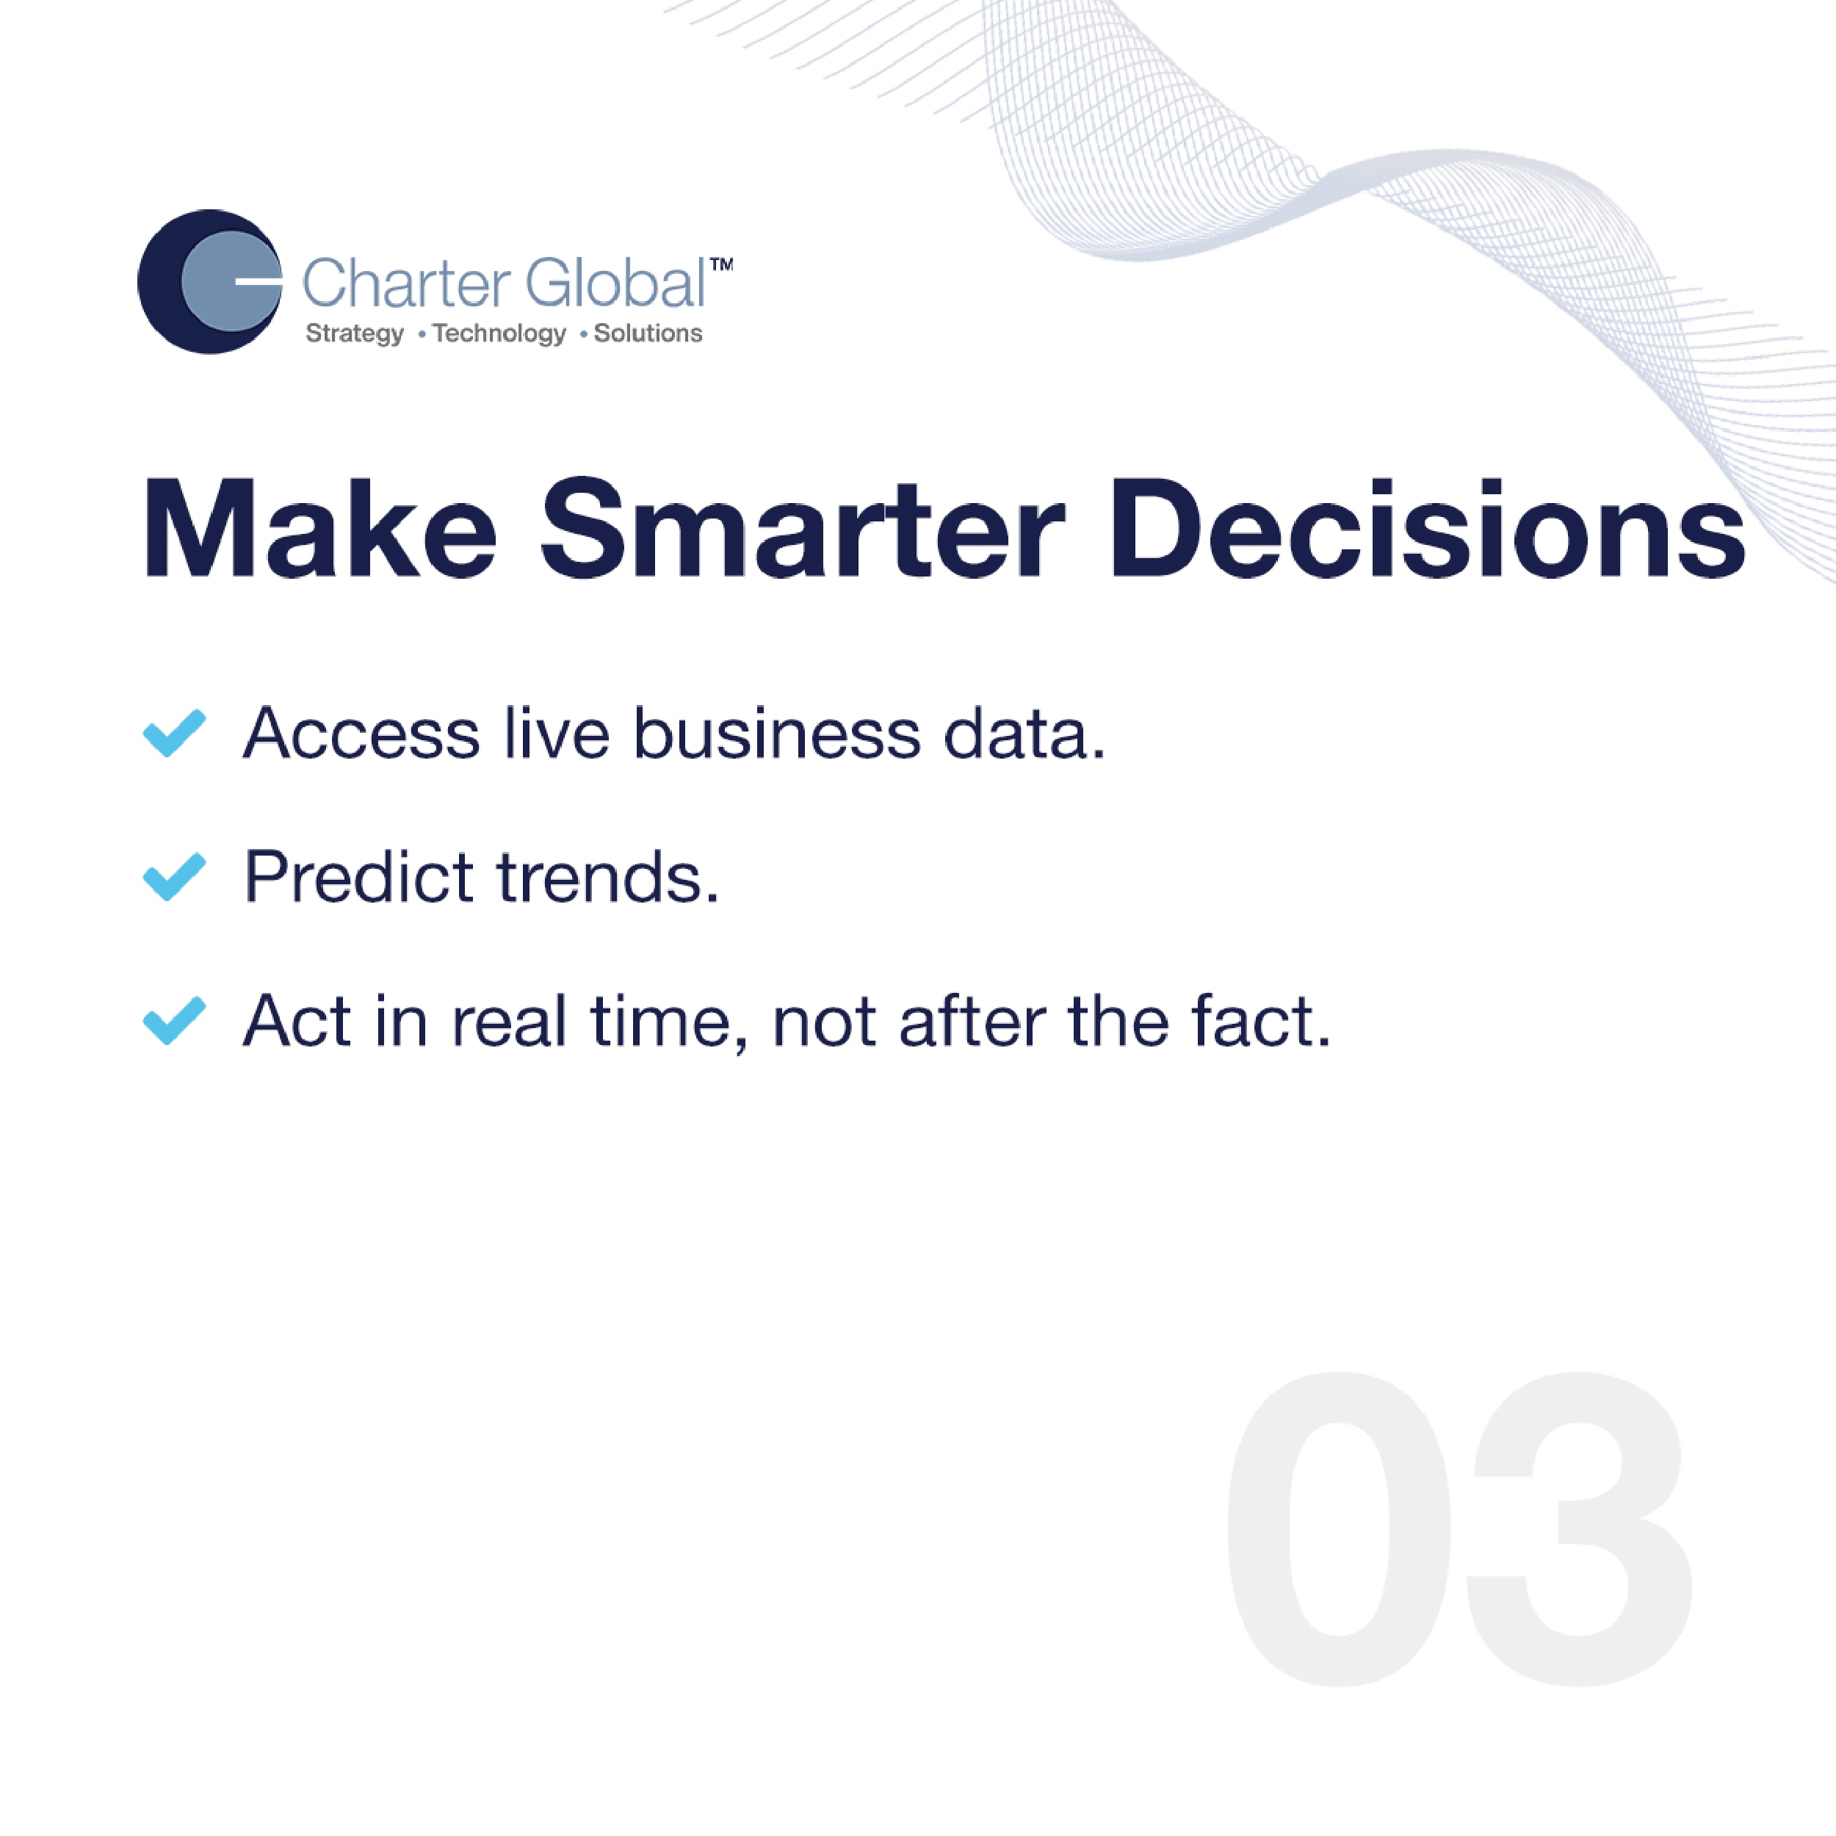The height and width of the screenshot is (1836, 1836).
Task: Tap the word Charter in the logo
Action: (407, 283)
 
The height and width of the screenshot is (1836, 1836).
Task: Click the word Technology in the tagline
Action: (499, 334)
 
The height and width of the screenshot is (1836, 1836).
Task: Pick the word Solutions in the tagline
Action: (648, 333)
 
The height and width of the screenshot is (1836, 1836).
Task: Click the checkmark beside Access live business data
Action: (174, 733)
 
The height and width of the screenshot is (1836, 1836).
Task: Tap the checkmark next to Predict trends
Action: (174, 876)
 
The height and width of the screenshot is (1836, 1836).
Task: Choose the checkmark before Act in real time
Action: (174, 1021)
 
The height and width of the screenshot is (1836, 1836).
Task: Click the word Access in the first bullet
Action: (362, 734)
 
